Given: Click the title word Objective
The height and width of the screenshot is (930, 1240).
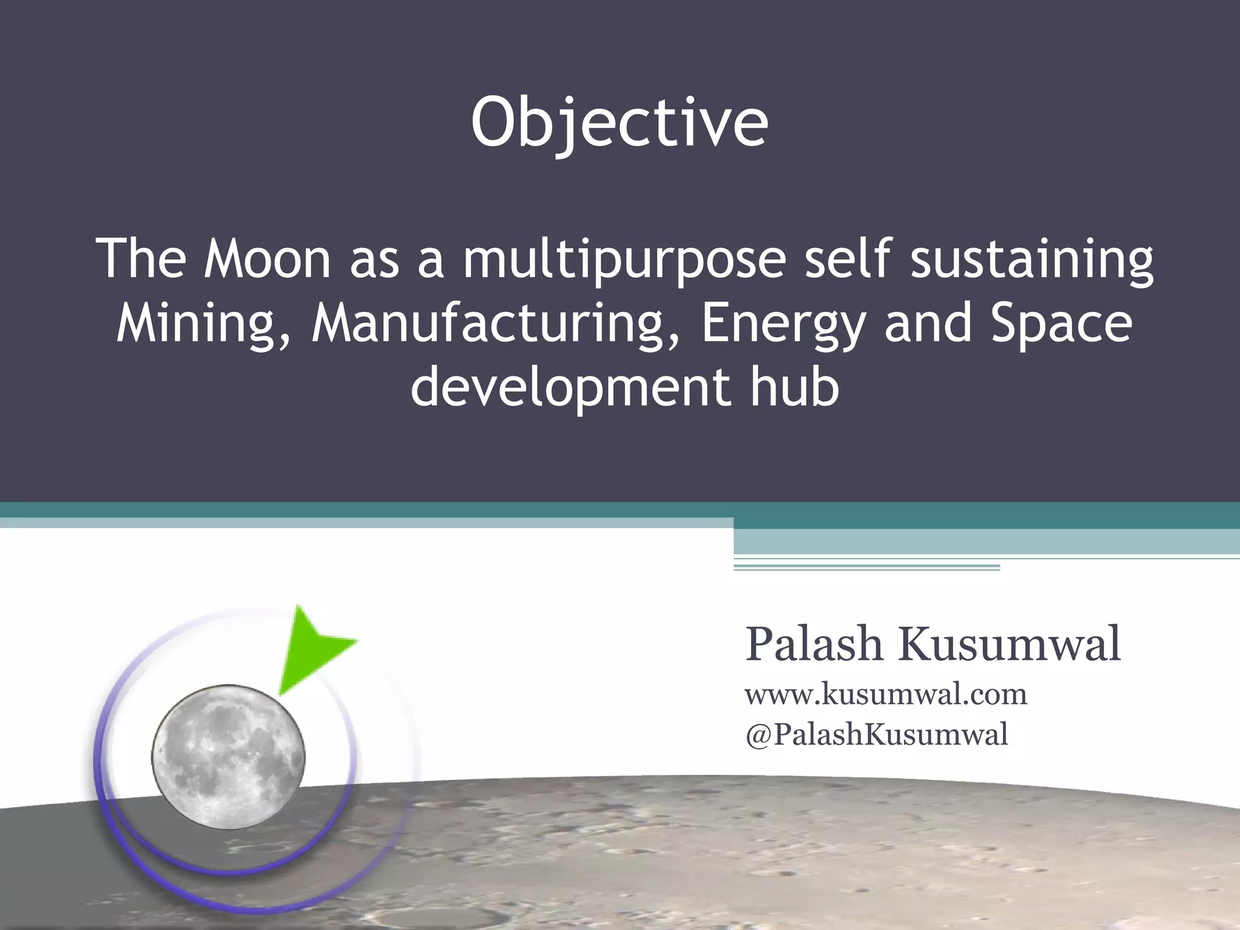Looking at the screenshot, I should (619, 124).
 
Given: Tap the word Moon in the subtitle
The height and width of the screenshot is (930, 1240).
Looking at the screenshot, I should (267, 259).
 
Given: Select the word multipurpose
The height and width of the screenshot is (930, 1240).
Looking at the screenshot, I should (624, 260).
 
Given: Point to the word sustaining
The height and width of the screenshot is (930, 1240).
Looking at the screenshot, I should (1032, 260).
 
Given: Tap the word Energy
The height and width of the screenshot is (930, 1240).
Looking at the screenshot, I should (782, 325).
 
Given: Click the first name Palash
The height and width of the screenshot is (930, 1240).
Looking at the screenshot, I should (814, 644).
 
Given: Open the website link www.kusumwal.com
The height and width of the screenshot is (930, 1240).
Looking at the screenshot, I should (886, 694).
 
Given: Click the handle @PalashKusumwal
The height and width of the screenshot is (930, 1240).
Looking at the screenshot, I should (877, 734).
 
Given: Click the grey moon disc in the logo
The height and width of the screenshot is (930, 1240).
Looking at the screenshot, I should (228, 757).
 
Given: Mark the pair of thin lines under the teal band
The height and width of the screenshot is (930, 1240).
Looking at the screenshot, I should (866, 567).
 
